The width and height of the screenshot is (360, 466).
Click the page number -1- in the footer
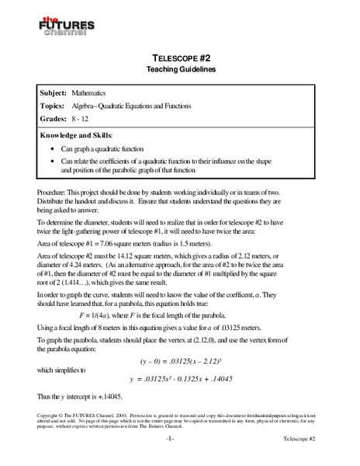pyautogui.click(x=178, y=457)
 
